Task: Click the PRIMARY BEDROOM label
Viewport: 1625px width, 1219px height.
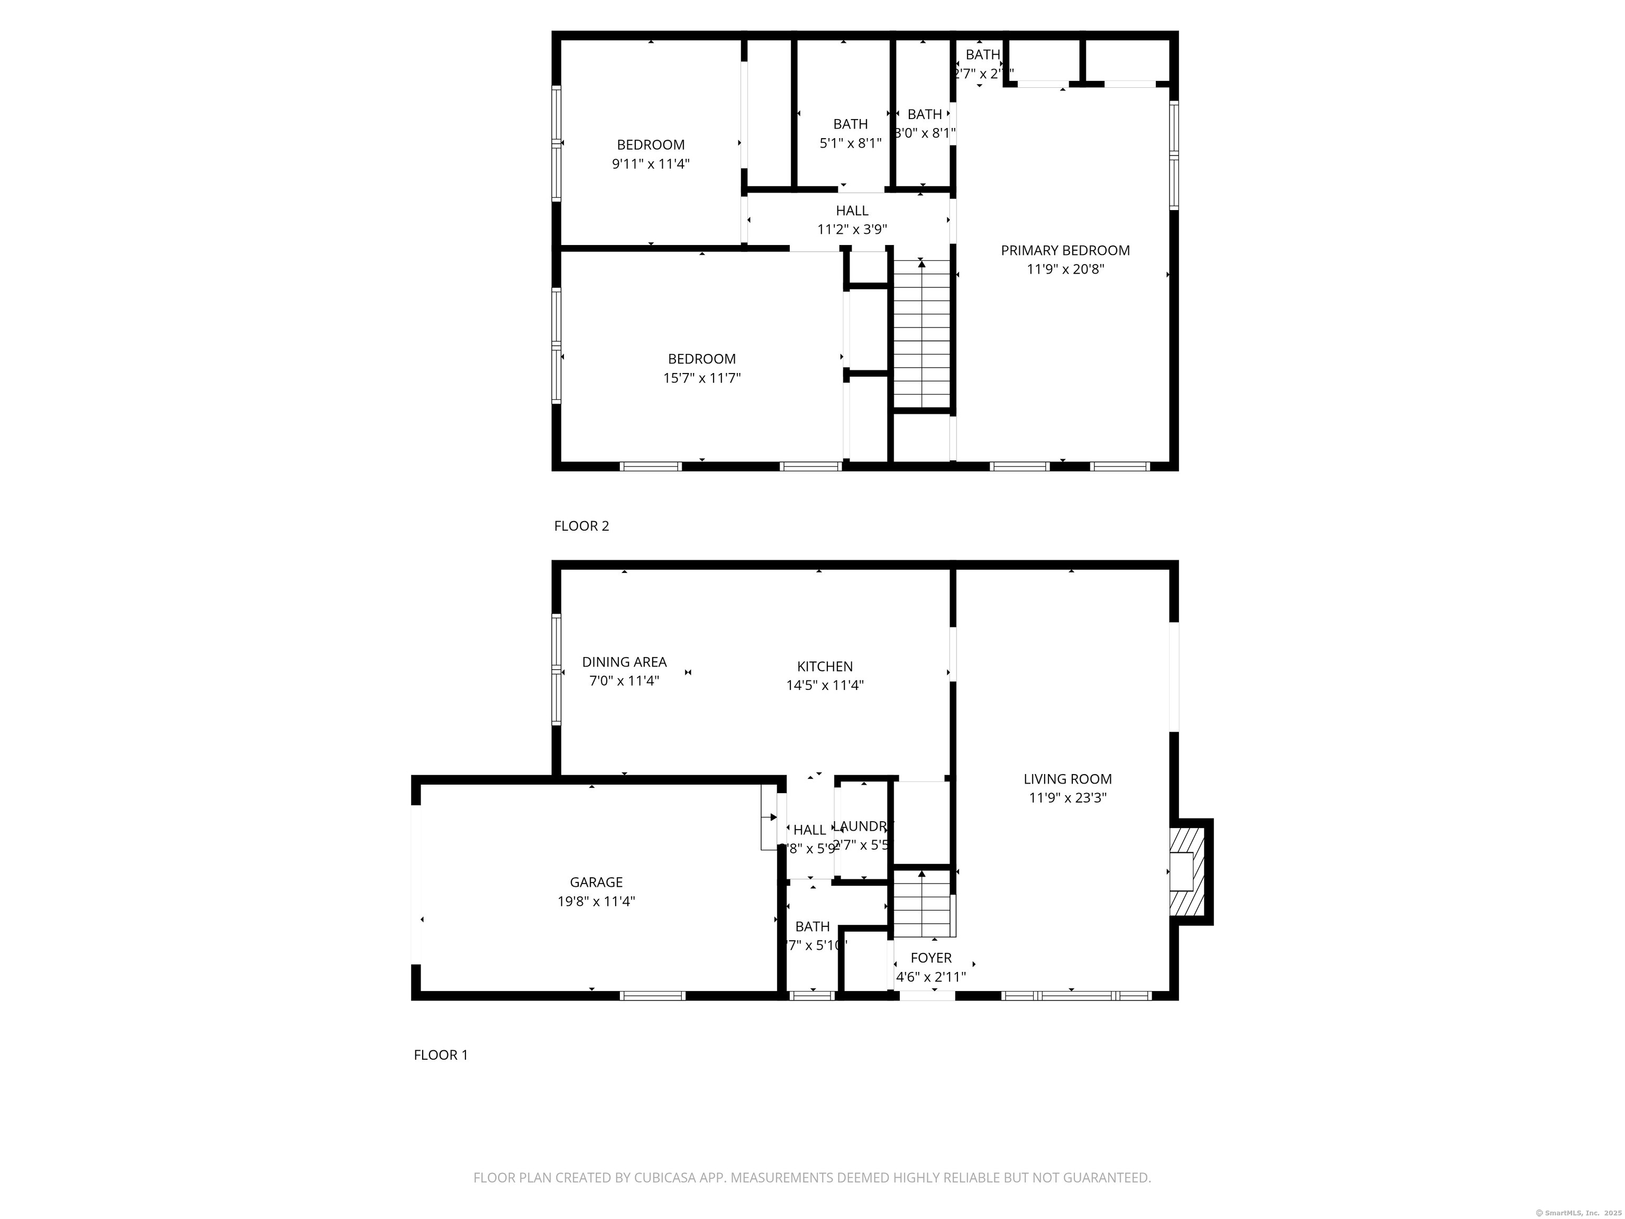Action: (1065, 251)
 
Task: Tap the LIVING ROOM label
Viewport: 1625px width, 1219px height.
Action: (1067, 779)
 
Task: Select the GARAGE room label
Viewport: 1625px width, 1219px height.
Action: (596, 882)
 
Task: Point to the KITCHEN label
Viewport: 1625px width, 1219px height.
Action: (824, 667)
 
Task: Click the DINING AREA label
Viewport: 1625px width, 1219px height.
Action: (624, 662)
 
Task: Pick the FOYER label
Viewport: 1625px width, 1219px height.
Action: (931, 958)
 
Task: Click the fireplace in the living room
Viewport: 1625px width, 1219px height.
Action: (1186, 871)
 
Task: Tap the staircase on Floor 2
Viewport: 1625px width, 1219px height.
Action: (921, 334)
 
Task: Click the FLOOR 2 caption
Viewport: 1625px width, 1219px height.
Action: (581, 526)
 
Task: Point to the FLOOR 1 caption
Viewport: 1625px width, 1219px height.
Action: (440, 1055)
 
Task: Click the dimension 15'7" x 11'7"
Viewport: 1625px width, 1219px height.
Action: (701, 378)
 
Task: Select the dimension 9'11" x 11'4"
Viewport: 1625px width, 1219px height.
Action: (650, 164)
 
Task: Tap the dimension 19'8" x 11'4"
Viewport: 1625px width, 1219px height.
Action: (596, 902)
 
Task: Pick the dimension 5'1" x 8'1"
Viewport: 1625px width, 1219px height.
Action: (850, 143)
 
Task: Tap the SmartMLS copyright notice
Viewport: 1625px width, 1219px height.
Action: (1577, 1213)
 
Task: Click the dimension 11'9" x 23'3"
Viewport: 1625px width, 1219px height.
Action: (1067, 798)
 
